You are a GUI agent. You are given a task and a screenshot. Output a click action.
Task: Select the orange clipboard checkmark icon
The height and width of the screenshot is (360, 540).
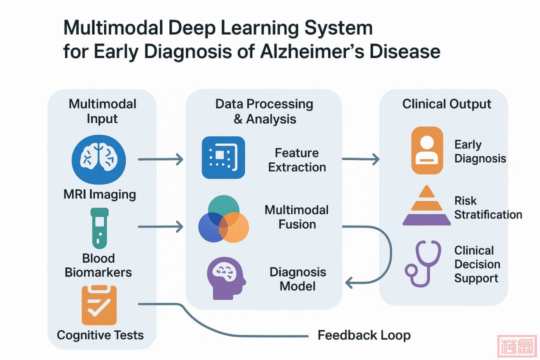coord(99,305)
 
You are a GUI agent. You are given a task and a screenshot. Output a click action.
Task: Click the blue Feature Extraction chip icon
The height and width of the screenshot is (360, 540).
coord(223,157)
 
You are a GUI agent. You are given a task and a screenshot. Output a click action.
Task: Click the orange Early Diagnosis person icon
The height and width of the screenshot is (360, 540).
coord(427,150)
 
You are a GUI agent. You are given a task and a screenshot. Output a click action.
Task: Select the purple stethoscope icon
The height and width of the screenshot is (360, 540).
coord(423,263)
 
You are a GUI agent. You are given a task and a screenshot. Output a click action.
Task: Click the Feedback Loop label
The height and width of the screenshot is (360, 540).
coord(364,335)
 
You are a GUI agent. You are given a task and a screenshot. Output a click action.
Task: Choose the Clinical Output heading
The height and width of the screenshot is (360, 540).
coord(446,104)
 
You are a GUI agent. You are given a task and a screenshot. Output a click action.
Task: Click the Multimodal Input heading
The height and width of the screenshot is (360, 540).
coord(102,111)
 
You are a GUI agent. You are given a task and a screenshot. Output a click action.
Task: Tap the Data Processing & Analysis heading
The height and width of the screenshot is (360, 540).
coord(264,111)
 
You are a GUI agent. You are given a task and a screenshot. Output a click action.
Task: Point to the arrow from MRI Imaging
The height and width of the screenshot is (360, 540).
coord(160,160)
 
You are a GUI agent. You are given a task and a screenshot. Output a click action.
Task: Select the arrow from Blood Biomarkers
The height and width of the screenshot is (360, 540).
coord(160,227)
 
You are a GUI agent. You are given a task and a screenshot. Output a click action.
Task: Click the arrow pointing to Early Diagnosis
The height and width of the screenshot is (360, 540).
coord(360,159)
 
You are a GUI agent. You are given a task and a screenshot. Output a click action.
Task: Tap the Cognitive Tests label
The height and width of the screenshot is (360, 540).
coord(100,335)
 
